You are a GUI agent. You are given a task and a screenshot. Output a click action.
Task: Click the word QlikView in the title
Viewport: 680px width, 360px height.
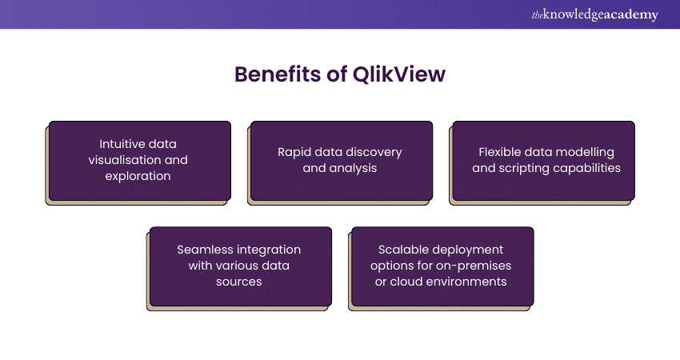click(x=398, y=74)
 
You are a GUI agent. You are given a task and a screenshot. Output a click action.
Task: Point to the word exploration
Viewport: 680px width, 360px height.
click(x=138, y=176)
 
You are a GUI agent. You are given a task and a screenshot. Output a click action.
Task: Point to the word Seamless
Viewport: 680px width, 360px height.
click(x=203, y=250)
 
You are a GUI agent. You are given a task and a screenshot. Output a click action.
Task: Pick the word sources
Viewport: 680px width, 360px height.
click(x=238, y=282)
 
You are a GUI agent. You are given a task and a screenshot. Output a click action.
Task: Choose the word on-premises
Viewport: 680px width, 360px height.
click(x=475, y=266)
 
